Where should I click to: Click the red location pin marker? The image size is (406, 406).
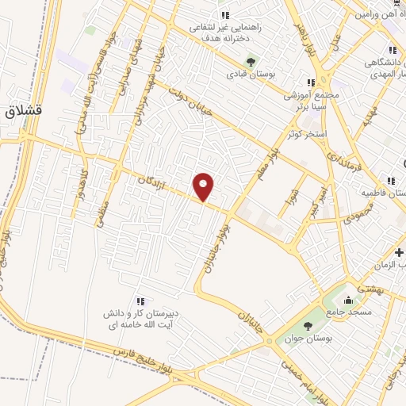click(x=204, y=186)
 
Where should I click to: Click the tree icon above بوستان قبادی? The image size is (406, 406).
click(x=251, y=61)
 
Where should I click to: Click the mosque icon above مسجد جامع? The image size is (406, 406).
click(x=349, y=301)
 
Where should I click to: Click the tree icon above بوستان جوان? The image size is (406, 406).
click(x=308, y=326)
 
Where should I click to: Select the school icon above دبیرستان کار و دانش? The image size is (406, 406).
click(x=140, y=301)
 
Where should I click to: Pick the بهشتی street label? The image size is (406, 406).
click(x=370, y=289)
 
